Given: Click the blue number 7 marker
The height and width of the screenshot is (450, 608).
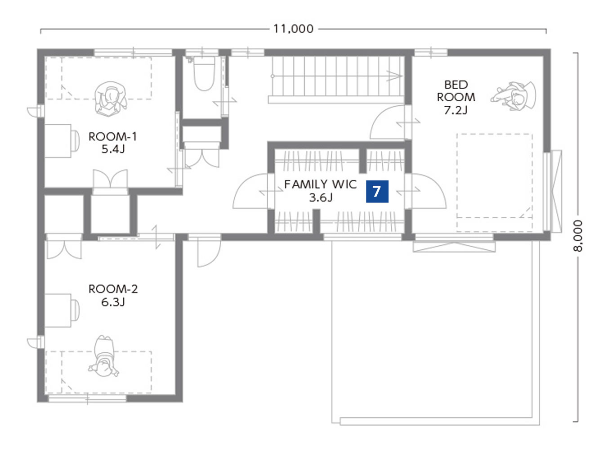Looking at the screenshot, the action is pyautogui.click(x=377, y=191).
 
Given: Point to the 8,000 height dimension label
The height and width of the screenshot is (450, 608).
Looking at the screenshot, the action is pyautogui.click(x=577, y=236).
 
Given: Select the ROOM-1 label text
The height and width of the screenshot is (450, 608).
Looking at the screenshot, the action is pyautogui.click(x=112, y=136).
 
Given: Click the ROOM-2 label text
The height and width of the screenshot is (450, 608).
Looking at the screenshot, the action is pyautogui.click(x=113, y=288).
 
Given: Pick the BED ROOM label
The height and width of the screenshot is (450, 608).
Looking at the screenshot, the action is pyautogui.click(x=456, y=91).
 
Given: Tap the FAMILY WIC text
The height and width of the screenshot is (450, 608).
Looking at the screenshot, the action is pyautogui.click(x=320, y=184).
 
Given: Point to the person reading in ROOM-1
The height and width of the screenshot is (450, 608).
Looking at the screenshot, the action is pyautogui.click(x=111, y=99).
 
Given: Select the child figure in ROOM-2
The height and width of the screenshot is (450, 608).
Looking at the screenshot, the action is pyautogui.click(x=103, y=356).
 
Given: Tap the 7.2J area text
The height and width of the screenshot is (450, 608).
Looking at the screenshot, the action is pyautogui.click(x=456, y=110).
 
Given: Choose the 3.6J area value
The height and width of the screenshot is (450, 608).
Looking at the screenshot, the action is pyautogui.click(x=321, y=197).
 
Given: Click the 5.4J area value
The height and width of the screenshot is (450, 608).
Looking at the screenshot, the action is pyautogui.click(x=113, y=149).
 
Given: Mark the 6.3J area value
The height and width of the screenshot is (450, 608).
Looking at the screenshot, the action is pyautogui.click(x=113, y=302).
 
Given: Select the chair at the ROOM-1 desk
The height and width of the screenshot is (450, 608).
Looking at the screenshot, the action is pyautogui.click(x=76, y=141).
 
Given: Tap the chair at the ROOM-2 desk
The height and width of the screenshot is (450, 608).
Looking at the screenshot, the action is pyautogui.click(x=76, y=310).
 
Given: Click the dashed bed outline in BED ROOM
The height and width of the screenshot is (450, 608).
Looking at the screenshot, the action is pyautogui.click(x=495, y=183).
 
